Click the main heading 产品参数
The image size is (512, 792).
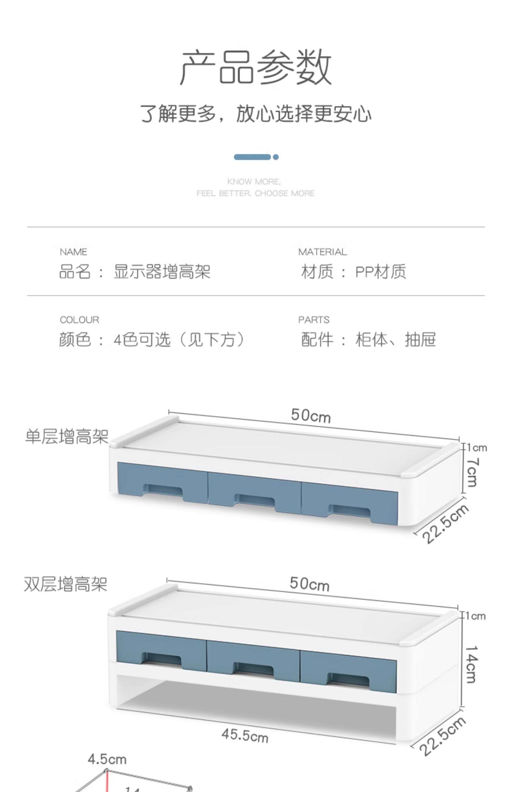tap(256, 67)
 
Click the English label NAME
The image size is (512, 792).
tap(73, 252)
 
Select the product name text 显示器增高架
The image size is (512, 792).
tap(162, 272)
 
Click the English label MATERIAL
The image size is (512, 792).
tap(322, 252)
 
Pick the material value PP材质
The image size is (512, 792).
tap(381, 272)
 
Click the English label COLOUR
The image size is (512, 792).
tap(79, 320)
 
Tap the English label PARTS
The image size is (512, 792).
tap(314, 320)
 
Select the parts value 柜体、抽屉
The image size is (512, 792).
tap(396, 340)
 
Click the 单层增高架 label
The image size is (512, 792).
tap(67, 436)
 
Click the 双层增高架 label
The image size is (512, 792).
tap(66, 584)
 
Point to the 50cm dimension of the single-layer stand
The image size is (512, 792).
tap(311, 416)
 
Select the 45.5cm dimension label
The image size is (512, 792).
tap(245, 736)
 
